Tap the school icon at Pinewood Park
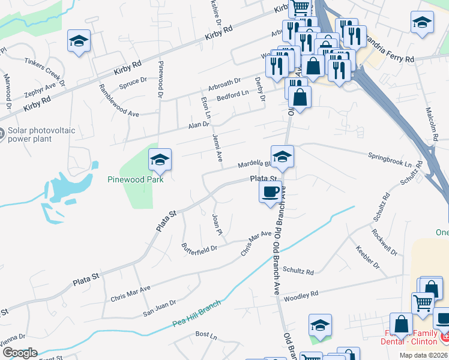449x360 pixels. pos(160,160)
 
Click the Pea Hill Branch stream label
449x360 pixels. pos(196,310)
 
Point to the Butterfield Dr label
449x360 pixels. pos(199,247)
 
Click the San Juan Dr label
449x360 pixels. pos(159,308)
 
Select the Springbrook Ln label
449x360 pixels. pos(391,160)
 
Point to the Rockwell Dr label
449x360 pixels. pos(384,242)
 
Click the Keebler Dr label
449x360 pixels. pos(367,257)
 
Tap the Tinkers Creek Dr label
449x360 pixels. pos(44,69)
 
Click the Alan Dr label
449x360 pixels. pos(198,125)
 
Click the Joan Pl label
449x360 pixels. pos(217,224)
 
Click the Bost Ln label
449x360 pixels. pos(205,334)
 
